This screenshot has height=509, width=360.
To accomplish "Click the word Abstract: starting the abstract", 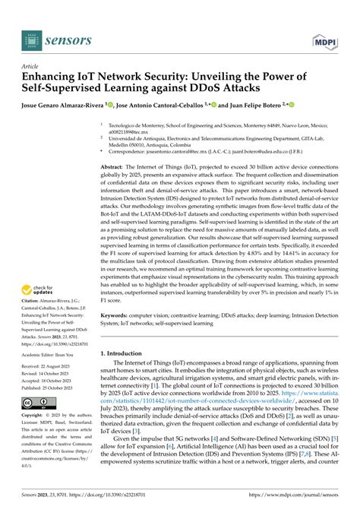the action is tap(113, 164).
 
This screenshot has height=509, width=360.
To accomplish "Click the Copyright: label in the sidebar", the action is tap(36, 416).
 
